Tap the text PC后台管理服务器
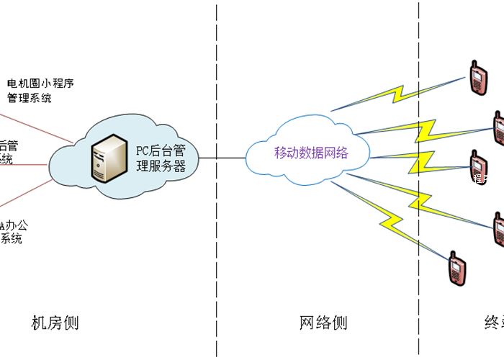tap(161, 158)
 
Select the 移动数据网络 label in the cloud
tap(312, 153)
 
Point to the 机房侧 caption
tap(55, 323)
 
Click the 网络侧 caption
tap(323, 323)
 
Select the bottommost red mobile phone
tap(454, 268)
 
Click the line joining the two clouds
tap(222, 158)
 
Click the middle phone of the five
tap(476, 166)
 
